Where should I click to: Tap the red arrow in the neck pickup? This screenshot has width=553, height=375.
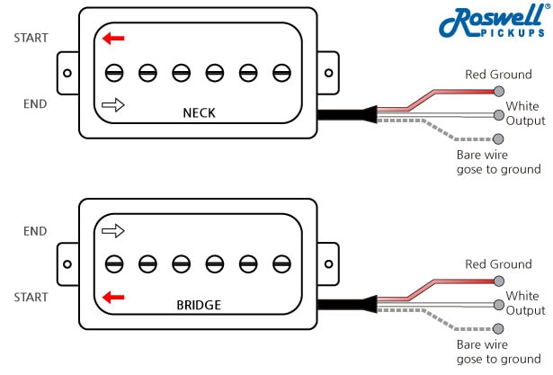tap(113, 38)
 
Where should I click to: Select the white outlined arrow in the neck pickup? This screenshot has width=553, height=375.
tap(113, 104)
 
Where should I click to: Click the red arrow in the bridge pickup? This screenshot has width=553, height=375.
tap(113, 297)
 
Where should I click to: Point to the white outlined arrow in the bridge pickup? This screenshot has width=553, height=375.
tap(113, 231)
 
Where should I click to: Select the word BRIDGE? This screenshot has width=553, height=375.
tap(199, 305)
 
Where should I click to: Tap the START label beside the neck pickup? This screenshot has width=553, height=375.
tap(31, 38)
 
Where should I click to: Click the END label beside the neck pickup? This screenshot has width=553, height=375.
tap(35, 103)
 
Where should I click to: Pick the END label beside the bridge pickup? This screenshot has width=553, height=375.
tap(35, 231)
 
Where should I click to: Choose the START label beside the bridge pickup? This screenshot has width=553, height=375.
tap(31, 297)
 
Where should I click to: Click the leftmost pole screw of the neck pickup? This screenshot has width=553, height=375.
tap(113, 71)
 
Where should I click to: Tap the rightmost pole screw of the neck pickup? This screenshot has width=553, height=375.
tap(281, 71)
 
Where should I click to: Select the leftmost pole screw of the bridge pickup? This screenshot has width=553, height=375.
tap(113, 263)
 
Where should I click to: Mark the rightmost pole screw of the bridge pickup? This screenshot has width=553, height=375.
tap(281, 263)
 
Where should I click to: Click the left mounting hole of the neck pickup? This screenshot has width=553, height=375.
tap(67, 71)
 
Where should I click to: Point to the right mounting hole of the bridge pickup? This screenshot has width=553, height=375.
tap(328, 263)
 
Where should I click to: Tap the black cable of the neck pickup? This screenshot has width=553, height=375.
tap(342, 114)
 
